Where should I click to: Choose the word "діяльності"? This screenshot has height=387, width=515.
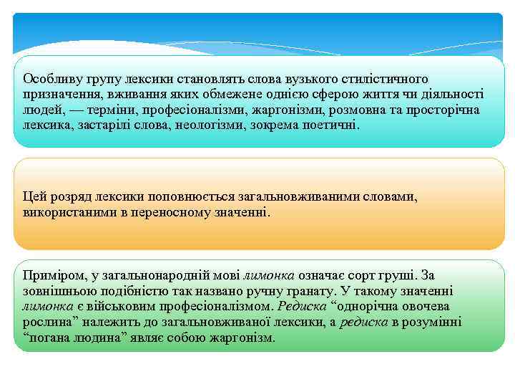click(x=452, y=94)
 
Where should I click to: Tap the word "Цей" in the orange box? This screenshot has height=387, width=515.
click(x=33, y=196)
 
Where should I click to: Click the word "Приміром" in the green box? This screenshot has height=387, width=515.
click(x=50, y=274)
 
